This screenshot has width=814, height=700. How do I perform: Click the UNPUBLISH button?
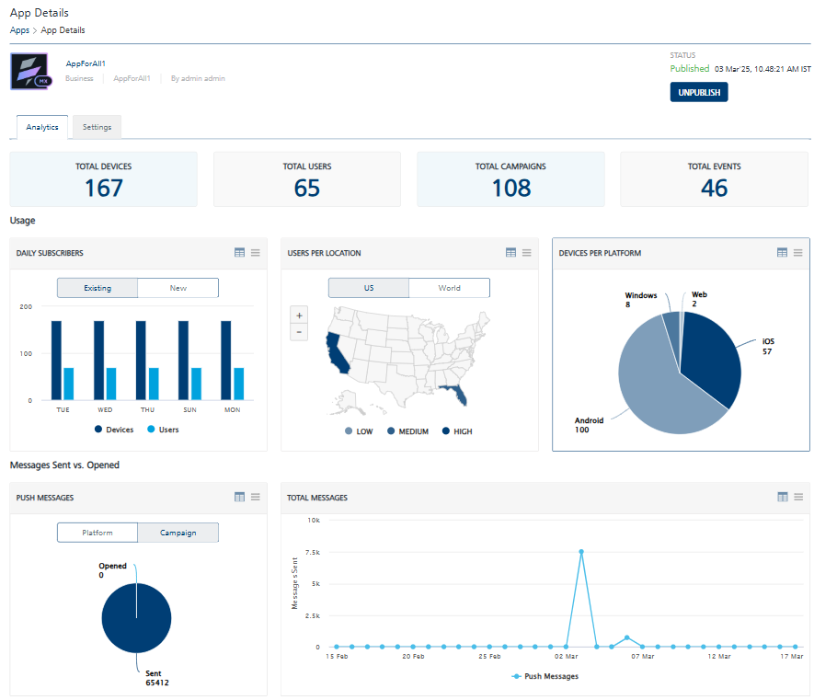698,92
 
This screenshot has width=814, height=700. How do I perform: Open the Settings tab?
97,127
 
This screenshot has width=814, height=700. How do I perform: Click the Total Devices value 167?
103,188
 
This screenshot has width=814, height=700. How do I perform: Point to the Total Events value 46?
714,188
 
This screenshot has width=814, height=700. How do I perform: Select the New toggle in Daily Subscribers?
178,288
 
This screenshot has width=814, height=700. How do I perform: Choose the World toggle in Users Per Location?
449,288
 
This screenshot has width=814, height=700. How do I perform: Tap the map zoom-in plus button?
299,315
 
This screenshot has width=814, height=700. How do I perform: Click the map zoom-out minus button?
299,332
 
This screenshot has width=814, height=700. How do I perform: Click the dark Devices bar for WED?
98,361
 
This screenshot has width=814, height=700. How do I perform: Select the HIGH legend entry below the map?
457,431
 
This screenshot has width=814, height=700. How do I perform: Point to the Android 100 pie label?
589,425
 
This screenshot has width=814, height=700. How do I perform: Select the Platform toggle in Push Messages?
97,533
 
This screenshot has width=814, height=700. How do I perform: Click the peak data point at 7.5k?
581,552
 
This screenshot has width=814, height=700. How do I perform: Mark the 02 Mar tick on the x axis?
566,658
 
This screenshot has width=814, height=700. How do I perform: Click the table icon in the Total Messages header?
782,497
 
